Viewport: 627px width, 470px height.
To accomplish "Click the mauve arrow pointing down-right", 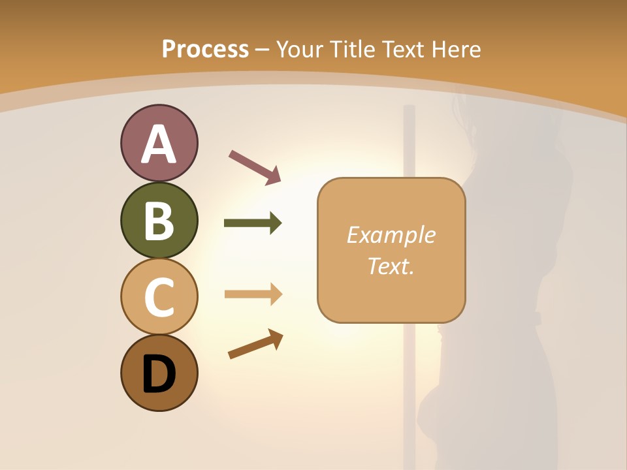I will point(255,167).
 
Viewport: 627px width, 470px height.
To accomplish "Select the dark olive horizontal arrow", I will point(252,223).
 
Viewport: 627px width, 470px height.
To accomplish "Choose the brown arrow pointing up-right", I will point(255,344).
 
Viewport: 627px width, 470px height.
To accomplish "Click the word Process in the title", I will point(205,50).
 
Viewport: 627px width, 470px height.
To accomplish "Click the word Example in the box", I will point(391,235).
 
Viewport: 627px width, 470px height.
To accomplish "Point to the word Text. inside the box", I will point(391,266).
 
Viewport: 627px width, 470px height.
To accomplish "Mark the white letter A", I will point(159,145).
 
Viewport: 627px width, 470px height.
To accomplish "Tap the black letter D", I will point(159,373).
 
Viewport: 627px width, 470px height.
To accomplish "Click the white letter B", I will point(159,221).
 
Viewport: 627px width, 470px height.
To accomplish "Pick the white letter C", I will point(159,297).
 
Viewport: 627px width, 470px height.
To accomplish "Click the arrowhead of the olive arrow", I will point(276,223).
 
